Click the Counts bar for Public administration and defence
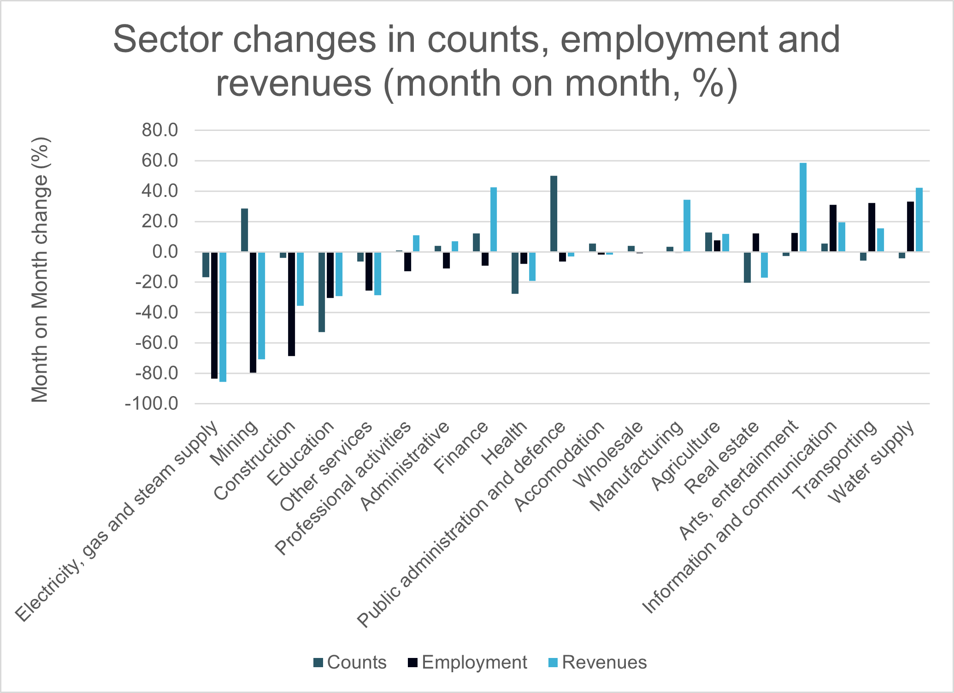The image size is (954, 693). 554,213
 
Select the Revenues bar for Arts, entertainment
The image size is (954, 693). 803,207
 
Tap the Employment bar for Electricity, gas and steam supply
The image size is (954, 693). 214,315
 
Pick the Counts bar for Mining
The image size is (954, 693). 244,230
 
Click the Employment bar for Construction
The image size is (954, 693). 292,304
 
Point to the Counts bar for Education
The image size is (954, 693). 322,292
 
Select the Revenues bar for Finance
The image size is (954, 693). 494,219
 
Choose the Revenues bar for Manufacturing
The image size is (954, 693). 687,225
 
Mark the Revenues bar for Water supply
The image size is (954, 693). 919,219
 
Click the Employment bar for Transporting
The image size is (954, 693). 872,227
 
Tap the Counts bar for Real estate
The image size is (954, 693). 747,267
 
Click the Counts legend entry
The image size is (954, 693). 350,662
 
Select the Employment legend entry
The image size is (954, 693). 467,662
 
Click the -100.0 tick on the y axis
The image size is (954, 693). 152,404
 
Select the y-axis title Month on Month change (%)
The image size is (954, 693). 40,269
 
